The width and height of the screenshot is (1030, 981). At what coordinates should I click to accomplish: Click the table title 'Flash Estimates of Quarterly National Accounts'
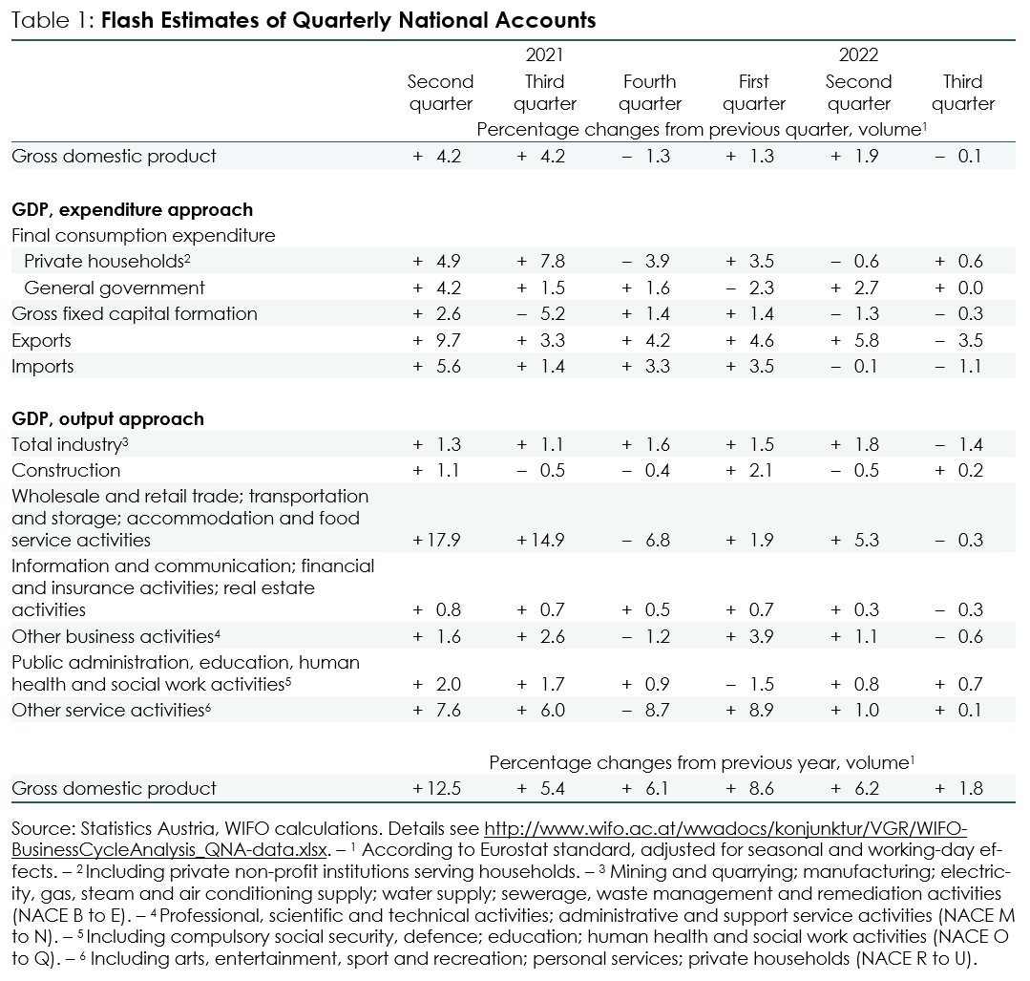pos(348,20)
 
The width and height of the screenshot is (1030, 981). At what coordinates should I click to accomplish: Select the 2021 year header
pos(544,55)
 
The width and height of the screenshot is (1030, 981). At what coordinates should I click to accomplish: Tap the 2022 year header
pos(858,55)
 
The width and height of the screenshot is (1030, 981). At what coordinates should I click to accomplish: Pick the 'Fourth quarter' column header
pos(650,93)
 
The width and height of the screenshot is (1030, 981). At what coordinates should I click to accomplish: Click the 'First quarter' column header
pos(753,93)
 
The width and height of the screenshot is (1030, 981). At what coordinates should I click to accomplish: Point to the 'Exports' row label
pos(41,341)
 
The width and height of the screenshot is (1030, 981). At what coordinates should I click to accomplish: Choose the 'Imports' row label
pos(43,366)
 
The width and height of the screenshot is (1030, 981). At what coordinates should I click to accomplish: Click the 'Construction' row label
pos(66,471)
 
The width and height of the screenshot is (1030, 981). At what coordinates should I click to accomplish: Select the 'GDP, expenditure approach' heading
pos(132,210)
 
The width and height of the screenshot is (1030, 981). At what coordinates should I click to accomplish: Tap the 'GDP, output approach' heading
pos(108,419)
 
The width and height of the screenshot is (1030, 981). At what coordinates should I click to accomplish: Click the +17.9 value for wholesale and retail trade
pos(436,541)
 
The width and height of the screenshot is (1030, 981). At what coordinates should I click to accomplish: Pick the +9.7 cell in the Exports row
pos(436,341)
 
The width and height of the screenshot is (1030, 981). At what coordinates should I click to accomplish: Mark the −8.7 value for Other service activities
pos(645,711)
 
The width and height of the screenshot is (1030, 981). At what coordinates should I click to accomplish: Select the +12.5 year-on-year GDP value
pos(436,788)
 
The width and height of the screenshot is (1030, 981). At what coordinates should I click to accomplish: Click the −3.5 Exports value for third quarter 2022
pos(959,341)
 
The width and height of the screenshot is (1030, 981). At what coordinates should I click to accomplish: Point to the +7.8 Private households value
pos(540,262)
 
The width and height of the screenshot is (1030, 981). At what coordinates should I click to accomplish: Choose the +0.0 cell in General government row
pos(959,288)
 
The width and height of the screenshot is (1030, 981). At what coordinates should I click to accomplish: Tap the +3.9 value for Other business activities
pos(749,636)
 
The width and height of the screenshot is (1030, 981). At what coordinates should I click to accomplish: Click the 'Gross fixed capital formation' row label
pos(135,314)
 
